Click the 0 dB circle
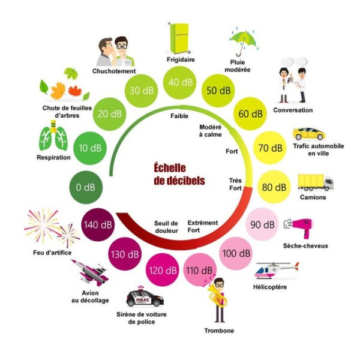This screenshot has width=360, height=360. coord(86,187)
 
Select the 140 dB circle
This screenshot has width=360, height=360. coord(98,224)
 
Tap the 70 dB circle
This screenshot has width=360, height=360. coord(270,148)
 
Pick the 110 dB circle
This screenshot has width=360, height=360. coord(200,270)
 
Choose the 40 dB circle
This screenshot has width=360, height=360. coord(180,82)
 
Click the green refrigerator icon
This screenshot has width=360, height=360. coord(179,38)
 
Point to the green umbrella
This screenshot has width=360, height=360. coord(244,42)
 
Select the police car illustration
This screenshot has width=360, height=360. coord(145,296)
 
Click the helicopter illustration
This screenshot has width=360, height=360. coord(277,271)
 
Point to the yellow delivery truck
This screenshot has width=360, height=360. coord(316,182)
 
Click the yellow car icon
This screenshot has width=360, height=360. coord(309,134)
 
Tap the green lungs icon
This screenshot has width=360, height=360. coord(53,136)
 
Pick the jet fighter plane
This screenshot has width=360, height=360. coord(90,273)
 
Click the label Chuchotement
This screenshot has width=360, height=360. coord(114,71)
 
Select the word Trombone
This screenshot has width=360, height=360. coord(219,331)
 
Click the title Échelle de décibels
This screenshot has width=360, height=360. coord(179,174)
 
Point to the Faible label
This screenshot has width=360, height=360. coord(179,116)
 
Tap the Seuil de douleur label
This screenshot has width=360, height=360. coord(166,227)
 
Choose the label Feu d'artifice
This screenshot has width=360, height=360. coord(52,253)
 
